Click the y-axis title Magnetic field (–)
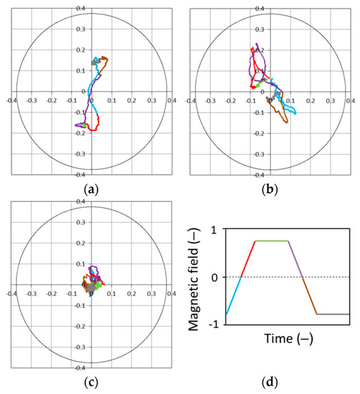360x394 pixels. (x=191, y=276)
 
